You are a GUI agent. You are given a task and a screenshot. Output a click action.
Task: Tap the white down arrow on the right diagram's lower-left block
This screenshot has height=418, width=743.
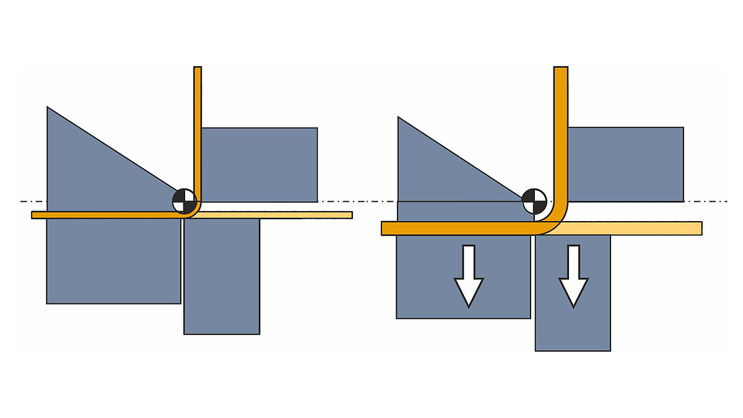click(469, 276)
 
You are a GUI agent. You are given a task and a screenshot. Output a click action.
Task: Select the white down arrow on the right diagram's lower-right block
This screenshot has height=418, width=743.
click(573, 276)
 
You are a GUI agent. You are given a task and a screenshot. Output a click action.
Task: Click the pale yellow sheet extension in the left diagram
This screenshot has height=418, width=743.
click(279, 215)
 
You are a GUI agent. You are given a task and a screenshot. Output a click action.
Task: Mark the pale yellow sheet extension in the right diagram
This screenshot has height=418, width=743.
click(632, 228)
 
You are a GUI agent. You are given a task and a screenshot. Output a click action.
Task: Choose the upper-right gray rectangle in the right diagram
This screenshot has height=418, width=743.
click(625, 164)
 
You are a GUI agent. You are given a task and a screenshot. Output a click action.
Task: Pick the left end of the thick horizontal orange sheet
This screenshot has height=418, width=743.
click(385, 228)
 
